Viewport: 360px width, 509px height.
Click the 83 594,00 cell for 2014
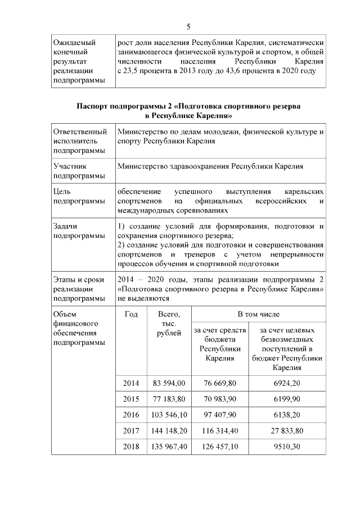coord(169,383)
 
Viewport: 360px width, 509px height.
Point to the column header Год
coord(130,314)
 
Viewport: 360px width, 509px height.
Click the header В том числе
coord(258,314)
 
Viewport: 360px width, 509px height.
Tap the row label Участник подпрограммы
coord(71,171)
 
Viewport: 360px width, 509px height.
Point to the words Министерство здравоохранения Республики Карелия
coord(210,166)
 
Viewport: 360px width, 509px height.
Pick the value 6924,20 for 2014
coord(287,383)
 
